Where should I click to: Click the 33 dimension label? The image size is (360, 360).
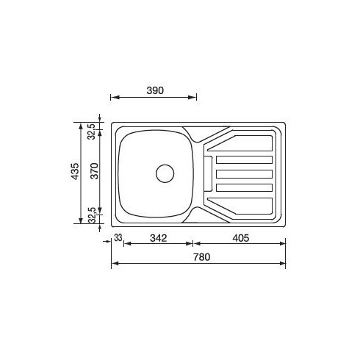[x=118, y=237]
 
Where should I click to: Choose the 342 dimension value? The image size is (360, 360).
[x=159, y=237]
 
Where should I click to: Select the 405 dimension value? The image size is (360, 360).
[x=242, y=237]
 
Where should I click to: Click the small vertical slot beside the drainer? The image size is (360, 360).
[x=207, y=173]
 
